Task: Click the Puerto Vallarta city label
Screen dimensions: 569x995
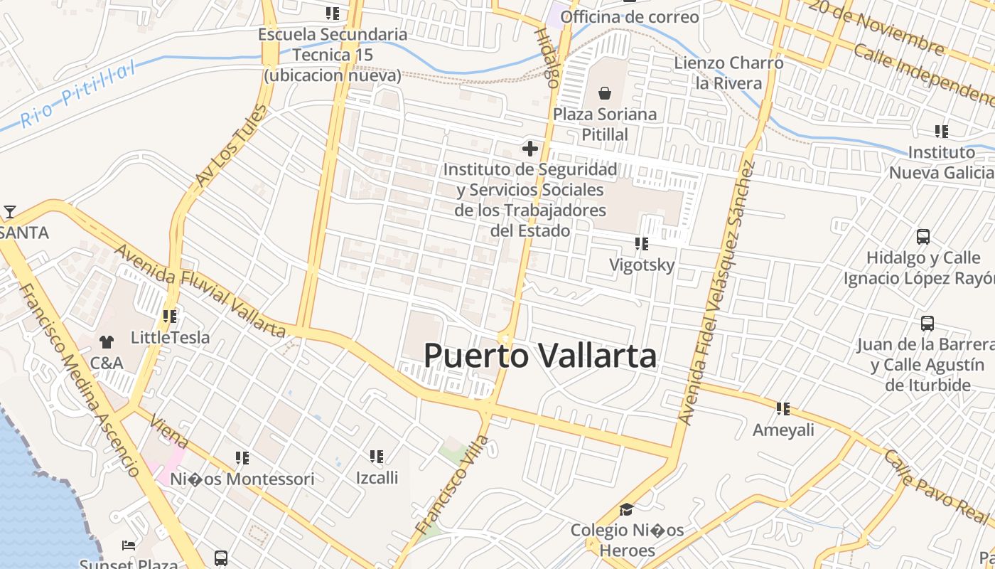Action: (x=540, y=356)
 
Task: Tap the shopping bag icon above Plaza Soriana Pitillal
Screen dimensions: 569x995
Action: (x=605, y=93)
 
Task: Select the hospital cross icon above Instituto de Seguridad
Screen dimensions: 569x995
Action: (x=530, y=149)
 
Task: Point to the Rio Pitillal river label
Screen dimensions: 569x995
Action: (x=77, y=95)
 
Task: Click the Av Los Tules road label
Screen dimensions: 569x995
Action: (x=232, y=147)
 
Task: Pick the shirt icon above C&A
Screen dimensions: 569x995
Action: (x=107, y=342)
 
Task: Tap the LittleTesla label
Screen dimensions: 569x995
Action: (x=171, y=337)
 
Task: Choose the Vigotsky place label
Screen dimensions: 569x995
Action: (x=642, y=265)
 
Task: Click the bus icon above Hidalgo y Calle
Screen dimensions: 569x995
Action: (x=923, y=237)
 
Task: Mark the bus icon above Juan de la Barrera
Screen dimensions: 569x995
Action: (x=927, y=324)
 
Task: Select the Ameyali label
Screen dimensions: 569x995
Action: (x=783, y=430)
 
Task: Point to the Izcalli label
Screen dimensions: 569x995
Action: (x=377, y=477)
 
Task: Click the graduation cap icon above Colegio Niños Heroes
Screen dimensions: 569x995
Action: (x=626, y=509)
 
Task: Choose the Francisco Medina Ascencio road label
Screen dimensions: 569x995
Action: (x=78, y=381)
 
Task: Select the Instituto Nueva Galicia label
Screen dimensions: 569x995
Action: (x=942, y=162)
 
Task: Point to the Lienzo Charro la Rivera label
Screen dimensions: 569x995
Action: (x=728, y=73)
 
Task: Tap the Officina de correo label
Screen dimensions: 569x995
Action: (x=630, y=16)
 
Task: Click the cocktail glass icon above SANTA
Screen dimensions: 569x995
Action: (x=10, y=212)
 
